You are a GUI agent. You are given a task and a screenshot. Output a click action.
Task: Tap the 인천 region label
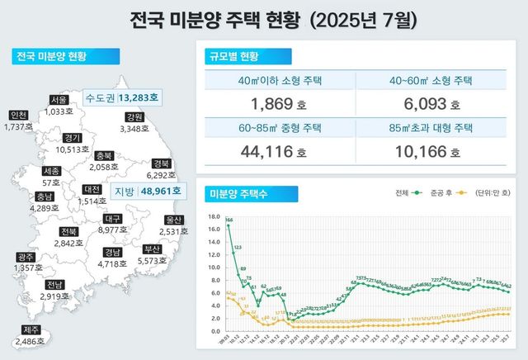(x=17, y=116)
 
